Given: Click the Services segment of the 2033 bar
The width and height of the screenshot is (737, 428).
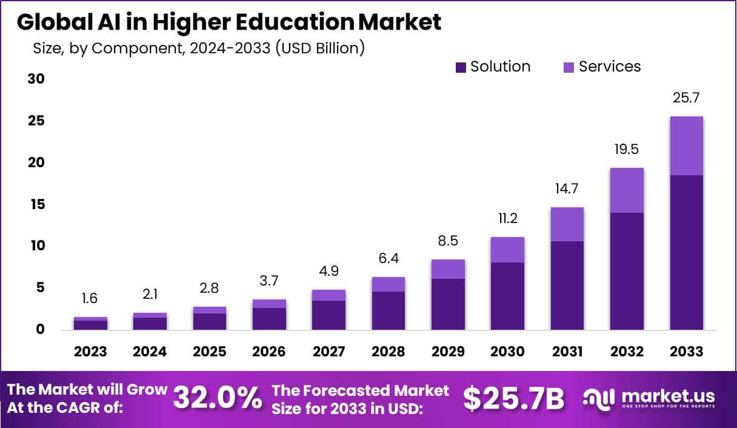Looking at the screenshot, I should coord(686,145).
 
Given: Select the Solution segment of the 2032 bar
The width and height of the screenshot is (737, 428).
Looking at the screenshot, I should coord(627,271).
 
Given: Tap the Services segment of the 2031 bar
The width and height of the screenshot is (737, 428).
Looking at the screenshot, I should coord(567,224).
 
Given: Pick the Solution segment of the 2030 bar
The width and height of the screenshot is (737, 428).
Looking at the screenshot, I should coord(507,296).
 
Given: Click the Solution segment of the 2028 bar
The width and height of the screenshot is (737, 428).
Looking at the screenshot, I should coord(389,310).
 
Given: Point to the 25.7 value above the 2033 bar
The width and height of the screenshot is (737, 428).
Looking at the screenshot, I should coord(686,98).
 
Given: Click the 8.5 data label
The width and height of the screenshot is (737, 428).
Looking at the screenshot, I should coord(447,241).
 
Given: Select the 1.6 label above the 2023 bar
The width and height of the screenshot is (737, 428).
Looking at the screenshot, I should coord(90,298).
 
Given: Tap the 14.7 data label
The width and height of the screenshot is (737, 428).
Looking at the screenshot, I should coord(567,189).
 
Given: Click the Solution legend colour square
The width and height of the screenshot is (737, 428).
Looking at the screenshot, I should coord(461,67).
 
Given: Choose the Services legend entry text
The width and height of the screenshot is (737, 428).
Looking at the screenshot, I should coord(609,67).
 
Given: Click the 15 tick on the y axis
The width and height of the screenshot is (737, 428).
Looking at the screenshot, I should coord(37,204).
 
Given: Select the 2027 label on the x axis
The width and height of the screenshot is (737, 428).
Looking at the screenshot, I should coord(329,352).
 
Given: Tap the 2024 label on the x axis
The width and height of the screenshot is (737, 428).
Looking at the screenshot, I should coord(150,352).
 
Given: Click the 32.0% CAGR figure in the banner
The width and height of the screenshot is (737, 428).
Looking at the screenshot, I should coord(218,398).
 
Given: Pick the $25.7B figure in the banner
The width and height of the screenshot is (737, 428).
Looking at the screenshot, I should coord(513,398).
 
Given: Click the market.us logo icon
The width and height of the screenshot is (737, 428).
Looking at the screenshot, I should coord(600,398).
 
